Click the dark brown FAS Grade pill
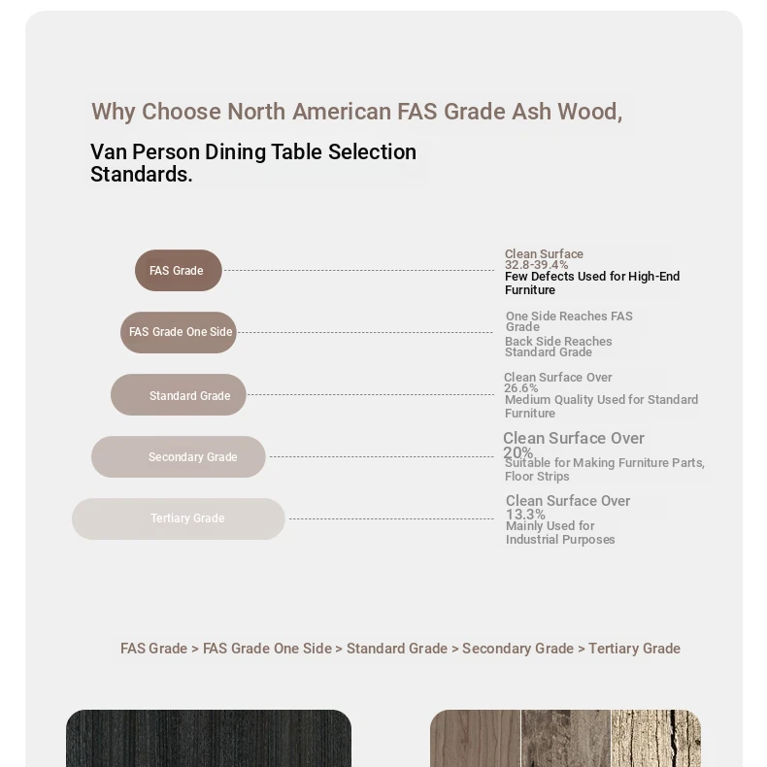(x=178, y=270)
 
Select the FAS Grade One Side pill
(x=179, y=332)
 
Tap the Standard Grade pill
(x=179, y=395)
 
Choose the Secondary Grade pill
(x=179, y=456)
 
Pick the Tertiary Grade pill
(x=179, y=518)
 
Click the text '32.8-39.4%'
(x=536, y=265)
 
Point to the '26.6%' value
(x=520, y=388)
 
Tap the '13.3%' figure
(x=525, y=515)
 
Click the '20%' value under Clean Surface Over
(x=517, y=452)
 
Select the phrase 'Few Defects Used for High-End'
(x=591, y=277)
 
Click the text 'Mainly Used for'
(x=550, y=526)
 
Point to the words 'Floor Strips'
(x=537, y=477)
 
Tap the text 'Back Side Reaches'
(x=558, y=342)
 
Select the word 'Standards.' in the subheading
(x=141, y=175)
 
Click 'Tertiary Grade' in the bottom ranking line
(x=634, y=649)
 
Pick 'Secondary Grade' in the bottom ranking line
(x=517, y=649)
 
